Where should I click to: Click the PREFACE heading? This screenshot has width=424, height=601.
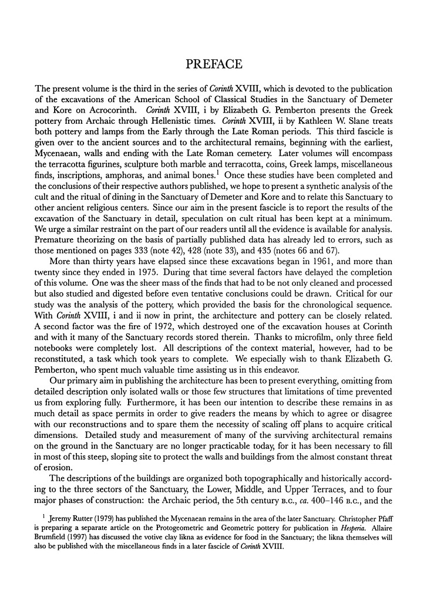(x=212, y=62)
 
